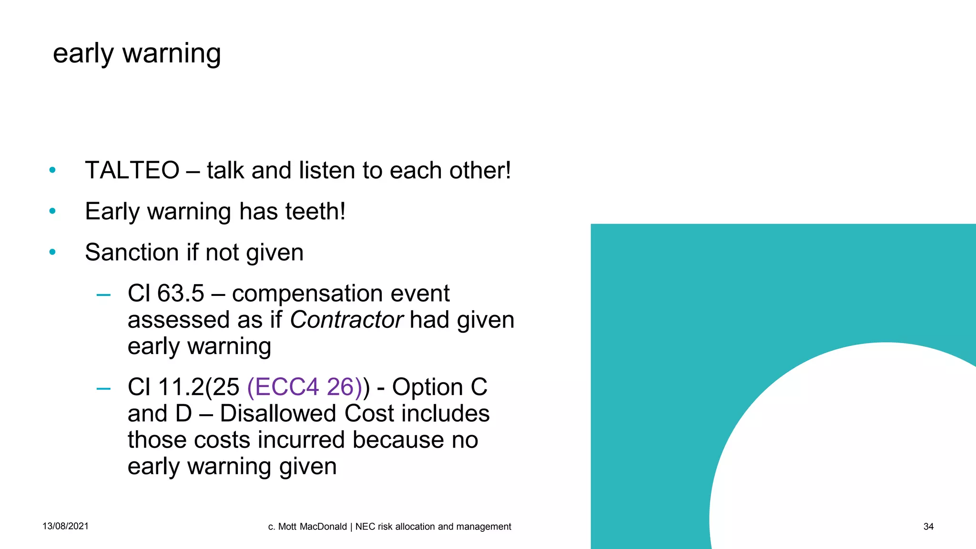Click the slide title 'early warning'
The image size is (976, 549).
click(137, 53)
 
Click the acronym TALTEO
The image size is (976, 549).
click(132, 171)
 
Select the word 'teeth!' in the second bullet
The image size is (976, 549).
click(315, 212)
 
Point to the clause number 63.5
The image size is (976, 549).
click(181, 294)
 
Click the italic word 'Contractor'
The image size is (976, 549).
click(346, 320)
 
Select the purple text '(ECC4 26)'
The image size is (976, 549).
click(305, 387)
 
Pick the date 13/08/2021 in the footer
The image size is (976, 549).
click(65, 526)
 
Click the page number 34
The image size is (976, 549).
click(928, 527)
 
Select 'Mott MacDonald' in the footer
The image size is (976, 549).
click(312, 527)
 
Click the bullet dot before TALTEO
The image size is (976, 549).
click(52, 170)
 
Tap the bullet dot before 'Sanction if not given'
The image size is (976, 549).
click(52, 252)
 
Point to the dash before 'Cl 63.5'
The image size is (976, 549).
click(103, 295)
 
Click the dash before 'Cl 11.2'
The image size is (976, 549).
click(103, 389)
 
